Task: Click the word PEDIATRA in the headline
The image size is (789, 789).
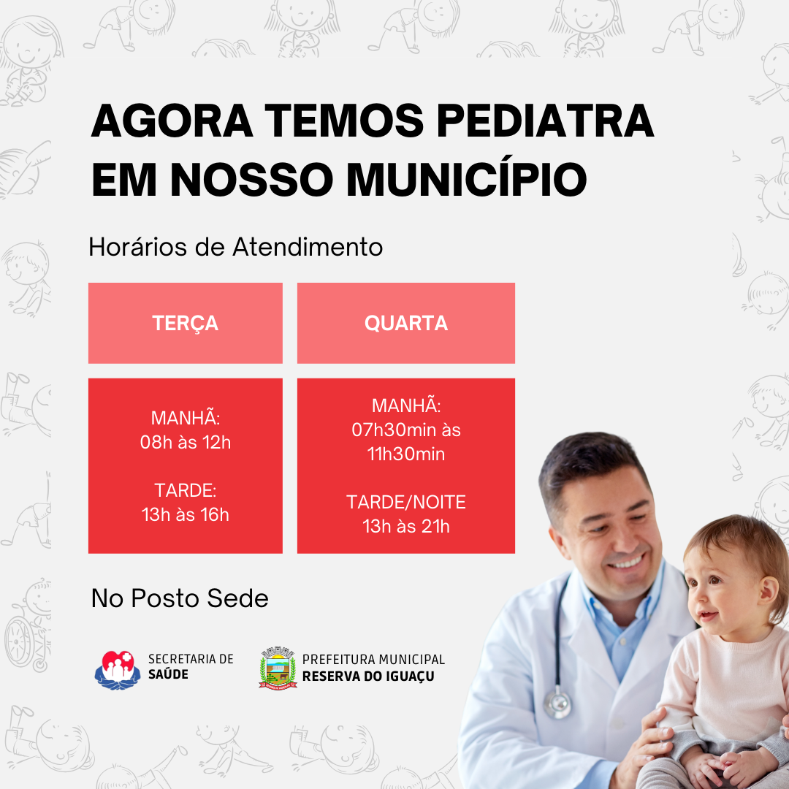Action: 545,121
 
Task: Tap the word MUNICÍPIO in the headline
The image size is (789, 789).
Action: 466,180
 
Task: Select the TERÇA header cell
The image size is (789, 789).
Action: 185,323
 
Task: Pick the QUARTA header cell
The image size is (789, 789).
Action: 406,323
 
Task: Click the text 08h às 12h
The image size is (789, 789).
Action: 185,442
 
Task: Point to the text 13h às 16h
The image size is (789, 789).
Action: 185,515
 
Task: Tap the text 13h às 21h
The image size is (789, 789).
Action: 406,526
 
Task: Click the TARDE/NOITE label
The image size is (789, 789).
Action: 406,502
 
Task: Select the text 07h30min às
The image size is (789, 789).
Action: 406,430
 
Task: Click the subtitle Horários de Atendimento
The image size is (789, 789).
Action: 235,247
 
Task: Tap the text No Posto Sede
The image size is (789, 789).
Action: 180,598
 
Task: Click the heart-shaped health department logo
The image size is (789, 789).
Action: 118,670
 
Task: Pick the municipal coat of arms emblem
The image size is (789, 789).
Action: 278,668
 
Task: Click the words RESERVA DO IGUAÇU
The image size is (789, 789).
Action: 368,676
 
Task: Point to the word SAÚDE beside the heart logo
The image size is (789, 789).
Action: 168,674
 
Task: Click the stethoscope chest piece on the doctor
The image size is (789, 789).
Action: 557,702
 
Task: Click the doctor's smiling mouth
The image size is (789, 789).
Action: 627,561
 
